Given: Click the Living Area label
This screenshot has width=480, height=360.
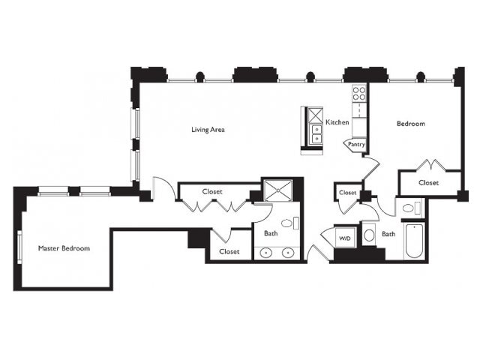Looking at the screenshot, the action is click(208, 130).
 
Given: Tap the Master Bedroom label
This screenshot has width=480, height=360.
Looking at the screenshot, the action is click(64, 248).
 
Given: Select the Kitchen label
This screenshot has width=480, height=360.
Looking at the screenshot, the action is click(337, 122).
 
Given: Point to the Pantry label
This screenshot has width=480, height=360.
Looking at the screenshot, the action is click(356, 144).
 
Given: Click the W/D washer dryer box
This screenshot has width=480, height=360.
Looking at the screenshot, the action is click(345, 238).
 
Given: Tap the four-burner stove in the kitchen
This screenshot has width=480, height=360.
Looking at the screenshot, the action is click(359, 93).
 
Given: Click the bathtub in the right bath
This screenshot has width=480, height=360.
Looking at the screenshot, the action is click(414, 241).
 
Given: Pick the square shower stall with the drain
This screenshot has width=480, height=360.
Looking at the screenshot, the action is click(278, 190).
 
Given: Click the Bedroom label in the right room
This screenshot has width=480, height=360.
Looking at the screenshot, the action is click(411, 124).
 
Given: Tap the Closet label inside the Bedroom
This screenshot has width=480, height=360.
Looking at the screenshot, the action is click(428, 183).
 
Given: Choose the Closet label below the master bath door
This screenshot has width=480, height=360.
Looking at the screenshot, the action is click(229, 251).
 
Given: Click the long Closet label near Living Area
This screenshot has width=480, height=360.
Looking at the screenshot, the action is click(212, 192).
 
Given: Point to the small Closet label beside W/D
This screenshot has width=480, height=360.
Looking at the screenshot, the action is click(348, 193).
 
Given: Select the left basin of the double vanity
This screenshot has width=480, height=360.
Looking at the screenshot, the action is click(266, 253).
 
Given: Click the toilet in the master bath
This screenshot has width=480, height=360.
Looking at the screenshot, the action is click(289, 223).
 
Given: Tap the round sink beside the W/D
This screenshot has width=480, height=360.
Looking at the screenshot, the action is click(370, 235).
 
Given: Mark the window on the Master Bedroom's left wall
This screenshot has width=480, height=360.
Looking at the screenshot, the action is click(19, 247).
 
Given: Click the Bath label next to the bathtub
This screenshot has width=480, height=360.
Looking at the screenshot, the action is click(388, 234).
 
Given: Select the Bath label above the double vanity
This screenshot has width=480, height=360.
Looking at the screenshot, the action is click(271, 233).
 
